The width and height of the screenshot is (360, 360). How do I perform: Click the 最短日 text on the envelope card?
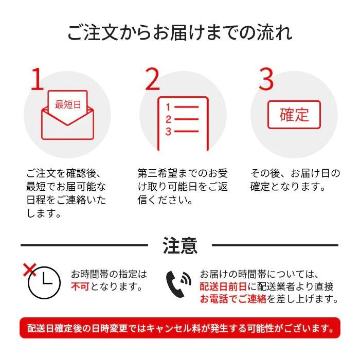pyautogui.click(x=68, y=104)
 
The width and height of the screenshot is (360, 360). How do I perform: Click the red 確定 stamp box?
pyautogui.click(x=294, y=114)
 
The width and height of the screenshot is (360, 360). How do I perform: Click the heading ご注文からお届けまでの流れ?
pyautogui.click(x=180, y=32)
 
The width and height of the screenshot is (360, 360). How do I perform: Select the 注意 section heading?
pyautogui.click(x=180, y=245)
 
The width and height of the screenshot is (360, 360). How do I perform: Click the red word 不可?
pyautogui.click(x=80, y=286)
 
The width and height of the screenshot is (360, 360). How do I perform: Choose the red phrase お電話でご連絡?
pyautogui.click(x=233, y=299)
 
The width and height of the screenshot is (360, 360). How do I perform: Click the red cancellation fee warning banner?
pyautogui.click(x=180, y=328)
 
